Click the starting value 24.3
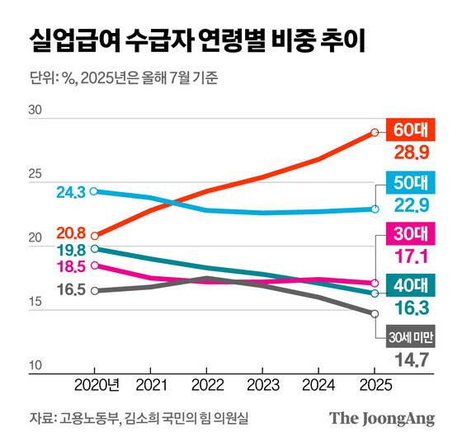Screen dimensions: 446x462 click(x=72, y=192)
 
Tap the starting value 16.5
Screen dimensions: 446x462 click(x=72, y=289)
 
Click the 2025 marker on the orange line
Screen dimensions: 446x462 click(x=375, y=132)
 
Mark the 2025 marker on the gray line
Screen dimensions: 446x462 click(x=375, y=313)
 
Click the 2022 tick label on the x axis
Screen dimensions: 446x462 click(x=205, y=385)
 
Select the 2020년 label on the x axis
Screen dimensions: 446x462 click(x=97, y=385)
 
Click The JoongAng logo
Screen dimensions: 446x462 click(x=382, y=418)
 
